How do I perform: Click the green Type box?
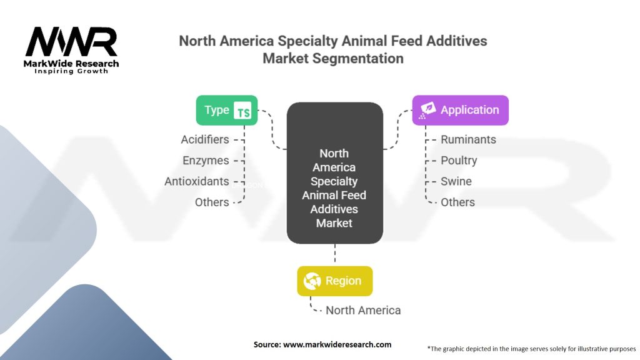coord(226,110)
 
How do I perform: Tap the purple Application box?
coord(461,110)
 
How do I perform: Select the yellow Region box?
coord(335,281)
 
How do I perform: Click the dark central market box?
coord(335,173)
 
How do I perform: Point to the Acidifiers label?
coord(205,139)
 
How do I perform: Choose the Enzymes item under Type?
coord(206,161)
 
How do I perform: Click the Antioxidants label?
coord(197,181)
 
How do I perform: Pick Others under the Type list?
coord(212,202)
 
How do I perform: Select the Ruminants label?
coord(468,139)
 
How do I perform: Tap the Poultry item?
coord(459,161)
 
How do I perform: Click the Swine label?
coord(456,181)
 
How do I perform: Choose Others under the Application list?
coord(457,202)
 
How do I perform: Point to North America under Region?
coord(363,310)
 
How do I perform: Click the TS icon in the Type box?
coord(242,111)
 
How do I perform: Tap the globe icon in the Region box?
coord(312,281)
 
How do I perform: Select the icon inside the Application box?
coord(427,110)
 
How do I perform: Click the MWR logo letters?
coord(71,42)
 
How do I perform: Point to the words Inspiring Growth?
coord(71,71)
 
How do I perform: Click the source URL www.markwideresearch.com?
coord(337,344)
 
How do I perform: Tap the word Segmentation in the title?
coord(358,58)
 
